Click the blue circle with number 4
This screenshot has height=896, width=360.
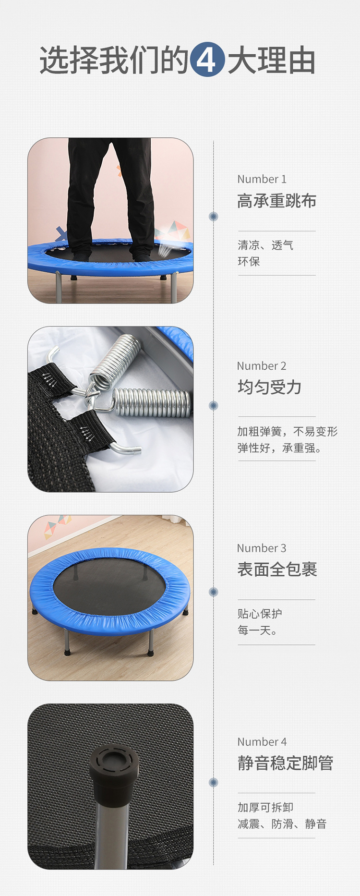tap(207, 60)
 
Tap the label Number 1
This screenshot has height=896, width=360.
tap(262, 179)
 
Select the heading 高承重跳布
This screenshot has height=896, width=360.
tap(277, 201)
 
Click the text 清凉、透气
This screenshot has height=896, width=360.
tap(265, 245)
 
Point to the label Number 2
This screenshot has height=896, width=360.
tap(262, 366)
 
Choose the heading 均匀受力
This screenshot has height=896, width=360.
tap(269, 387)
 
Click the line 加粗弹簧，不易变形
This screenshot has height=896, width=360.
tap(288, 432)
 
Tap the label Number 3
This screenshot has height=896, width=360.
tap(262, 548)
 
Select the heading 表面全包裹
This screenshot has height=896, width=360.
tap(277, 569)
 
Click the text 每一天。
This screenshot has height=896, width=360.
tap(257, 630)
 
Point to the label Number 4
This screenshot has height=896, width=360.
tap(262, 742)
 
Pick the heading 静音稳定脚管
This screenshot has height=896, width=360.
tap(285, 763)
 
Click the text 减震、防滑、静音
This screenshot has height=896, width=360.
tap(282, 824)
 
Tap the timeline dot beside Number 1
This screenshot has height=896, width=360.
tap(214, 217)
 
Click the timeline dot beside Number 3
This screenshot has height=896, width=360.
tap(214, 592)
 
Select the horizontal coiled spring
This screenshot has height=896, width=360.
tap(151, 402)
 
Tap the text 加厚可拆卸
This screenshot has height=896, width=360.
tap(265, 808)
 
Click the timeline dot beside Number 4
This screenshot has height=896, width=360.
tap(214, 783)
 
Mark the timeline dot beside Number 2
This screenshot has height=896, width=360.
tap(214, 406)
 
